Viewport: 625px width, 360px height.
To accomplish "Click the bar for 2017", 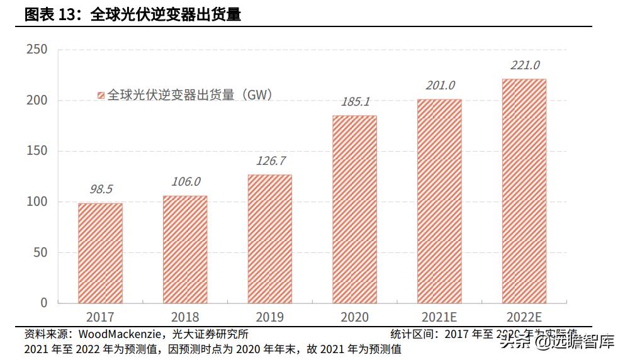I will pyautogui.click(x=100, y=253).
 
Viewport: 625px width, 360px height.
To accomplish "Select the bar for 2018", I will pyautogui.click(x=185, y=249).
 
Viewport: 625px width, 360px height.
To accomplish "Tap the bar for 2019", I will pyautogui.click(x=269, y=239).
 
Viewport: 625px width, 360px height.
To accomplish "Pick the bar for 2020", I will pyautogui.click(x=354, y=209).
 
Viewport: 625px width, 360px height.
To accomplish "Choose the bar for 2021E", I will pyautogui.click(x=439, y=201).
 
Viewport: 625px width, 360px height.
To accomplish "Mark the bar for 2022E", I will pyautogui.click(x=524, y=191).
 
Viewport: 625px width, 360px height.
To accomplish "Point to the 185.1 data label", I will pyautogui.click(x=355, y=101).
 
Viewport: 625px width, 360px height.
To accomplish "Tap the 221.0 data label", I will pyautogui.click(x=524, y=64).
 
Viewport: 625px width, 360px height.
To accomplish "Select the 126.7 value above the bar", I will pyautogui.click(x=271, y=160).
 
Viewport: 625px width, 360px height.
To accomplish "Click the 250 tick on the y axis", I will pyautogui.click(x=37, y=50).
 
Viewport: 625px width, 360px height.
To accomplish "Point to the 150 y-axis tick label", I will pyautogui.click(x=37, y=151).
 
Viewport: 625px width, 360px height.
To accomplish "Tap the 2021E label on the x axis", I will pyautogui.click(x=439, y=317).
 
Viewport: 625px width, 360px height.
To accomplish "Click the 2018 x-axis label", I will pyautogui.click(x=184, y=317).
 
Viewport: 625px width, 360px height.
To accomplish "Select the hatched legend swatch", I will pyautogui.click(x=100, y=96).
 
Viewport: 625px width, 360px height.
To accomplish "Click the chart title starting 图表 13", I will pyautogui.click(x=132, y=14).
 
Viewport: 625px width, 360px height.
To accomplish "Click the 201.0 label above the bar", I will pyautogui.click(x=439, y=85).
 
